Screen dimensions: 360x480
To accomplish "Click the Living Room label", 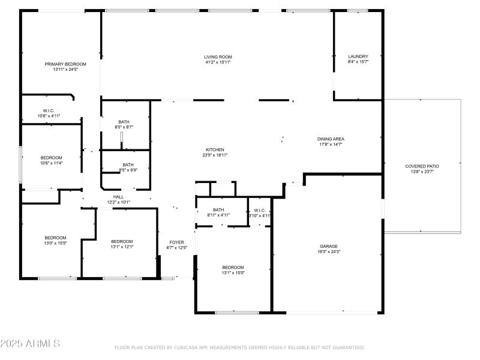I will click(217, 57).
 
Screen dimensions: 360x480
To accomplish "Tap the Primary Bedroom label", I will click(65, 64).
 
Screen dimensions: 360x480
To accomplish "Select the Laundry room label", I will click(358, 56).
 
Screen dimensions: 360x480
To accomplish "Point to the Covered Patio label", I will click(422, 166).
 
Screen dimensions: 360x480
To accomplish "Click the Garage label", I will click(328, 246).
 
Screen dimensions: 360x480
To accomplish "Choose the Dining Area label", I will click(331, 139).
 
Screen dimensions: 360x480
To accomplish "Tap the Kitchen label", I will click(215, 149).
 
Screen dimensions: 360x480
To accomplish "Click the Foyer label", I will click(176, 242).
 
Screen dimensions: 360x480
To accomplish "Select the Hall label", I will click(118, 197).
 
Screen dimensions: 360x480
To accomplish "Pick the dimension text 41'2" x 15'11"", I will click(217, 62).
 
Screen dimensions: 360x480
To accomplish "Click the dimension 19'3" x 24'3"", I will click(328, 251).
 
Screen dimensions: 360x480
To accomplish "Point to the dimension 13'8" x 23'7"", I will click(422, 172).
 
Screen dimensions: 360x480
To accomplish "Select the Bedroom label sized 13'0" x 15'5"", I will click(55, 238).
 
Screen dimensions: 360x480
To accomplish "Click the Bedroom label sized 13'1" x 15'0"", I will click(233, 267).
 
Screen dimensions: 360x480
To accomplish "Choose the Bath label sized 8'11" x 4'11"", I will click(218, 209).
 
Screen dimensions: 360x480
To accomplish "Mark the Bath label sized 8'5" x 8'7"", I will click(124, 122).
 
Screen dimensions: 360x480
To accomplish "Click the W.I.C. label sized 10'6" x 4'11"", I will click(49, 110).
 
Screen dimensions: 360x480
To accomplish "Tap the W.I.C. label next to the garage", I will click(260, 209).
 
